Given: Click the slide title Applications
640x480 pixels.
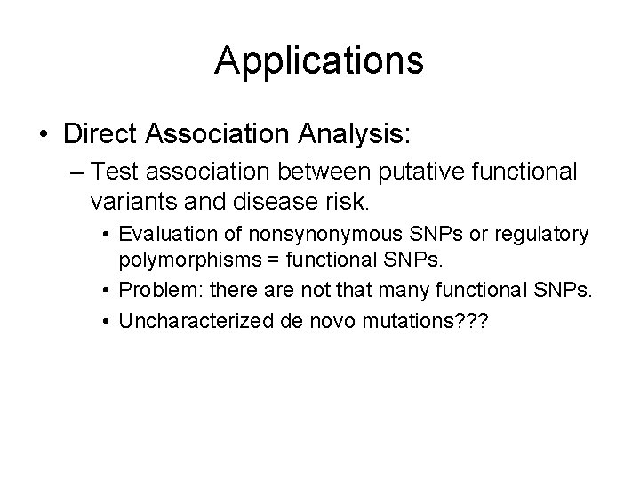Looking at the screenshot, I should [x=319, y=60].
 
